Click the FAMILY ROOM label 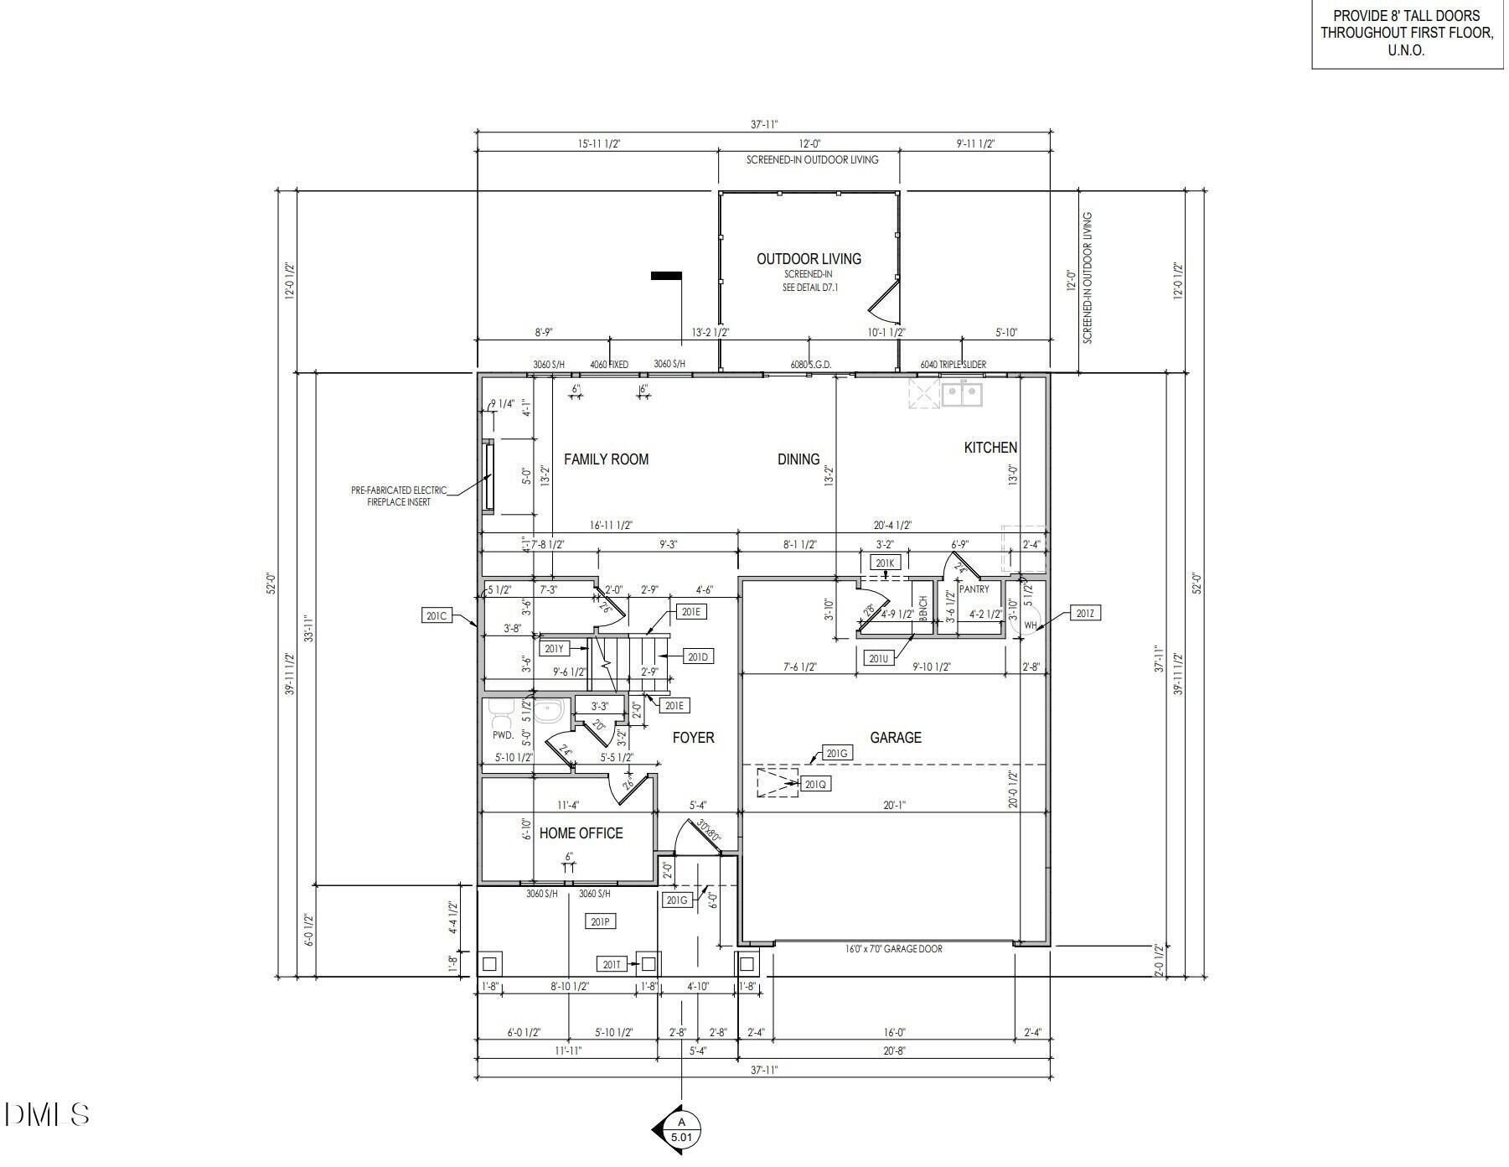[606, 459]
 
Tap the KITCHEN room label [990, 448]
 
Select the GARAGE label [895, 738]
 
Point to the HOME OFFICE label [581, 833]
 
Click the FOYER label [693, 738]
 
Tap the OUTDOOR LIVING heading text [809, 259]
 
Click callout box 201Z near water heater [1084, 614]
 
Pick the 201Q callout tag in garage [815, 785]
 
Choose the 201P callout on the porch [600, 922]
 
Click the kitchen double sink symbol [961, 393]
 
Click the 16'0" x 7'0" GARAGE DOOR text [893, 949]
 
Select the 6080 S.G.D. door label [810, 365]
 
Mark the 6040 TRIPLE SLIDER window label [953, 365]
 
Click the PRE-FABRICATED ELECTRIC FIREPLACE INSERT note [399, 496]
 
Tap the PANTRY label [974, 589]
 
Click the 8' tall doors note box [1406, 34]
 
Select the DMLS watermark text [47, 1114]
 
